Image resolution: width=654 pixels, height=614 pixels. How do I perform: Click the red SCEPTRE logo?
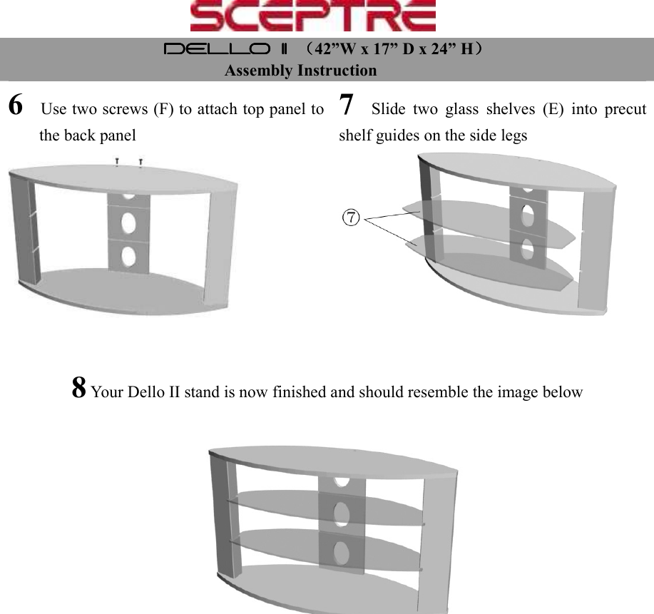tap(313, 16)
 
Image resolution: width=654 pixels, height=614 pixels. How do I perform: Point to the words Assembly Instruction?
tap(300, 71)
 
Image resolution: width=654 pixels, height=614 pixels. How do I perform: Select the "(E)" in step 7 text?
tap(551, 110)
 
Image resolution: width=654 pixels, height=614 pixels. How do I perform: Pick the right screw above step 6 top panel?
tap(141, 163)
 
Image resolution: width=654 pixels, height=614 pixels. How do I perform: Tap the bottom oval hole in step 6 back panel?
tap(128, 255)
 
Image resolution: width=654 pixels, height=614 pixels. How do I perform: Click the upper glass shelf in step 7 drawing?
tap(485, 218)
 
